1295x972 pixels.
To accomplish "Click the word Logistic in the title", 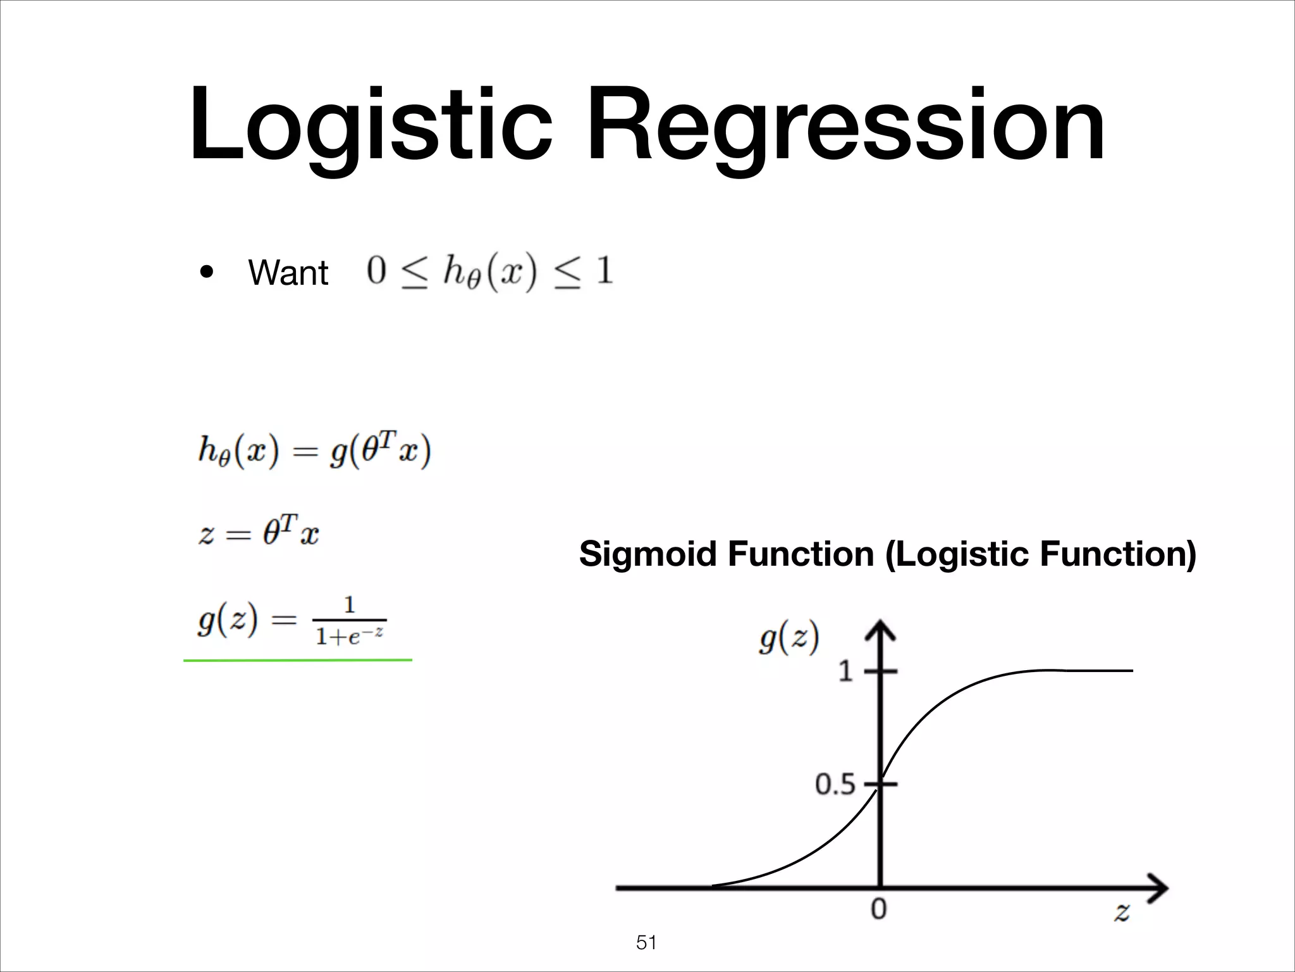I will [x=371, y=125].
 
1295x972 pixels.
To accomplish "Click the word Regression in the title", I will [x=845, y=125].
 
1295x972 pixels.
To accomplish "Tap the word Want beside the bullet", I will [x=288, y=273].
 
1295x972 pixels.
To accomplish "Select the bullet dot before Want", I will [x=206, y=273].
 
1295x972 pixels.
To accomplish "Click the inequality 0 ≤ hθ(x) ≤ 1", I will [x=489, y=272].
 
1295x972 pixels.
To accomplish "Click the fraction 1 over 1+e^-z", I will [x=350, y=621].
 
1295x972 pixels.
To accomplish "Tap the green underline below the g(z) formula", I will [x=297, y=660].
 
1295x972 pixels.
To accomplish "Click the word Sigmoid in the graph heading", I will [x=649, y=554].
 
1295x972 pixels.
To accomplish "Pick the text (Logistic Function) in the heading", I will [x=1040, y=554].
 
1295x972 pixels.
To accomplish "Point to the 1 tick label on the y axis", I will [x=845, y=671].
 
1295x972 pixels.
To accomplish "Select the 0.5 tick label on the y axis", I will [x=835, y=785].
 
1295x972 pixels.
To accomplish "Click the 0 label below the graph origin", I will [x=879, y=909].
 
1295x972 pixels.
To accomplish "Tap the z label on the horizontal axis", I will [x=1122, y=912].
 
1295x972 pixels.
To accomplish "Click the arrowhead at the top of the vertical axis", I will [x=880, y=631].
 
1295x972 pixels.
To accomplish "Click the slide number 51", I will [x=646, y=943].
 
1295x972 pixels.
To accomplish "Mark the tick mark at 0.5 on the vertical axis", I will [x=881, y=785].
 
